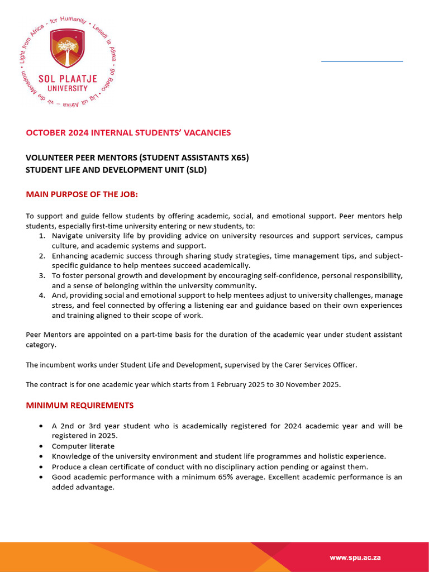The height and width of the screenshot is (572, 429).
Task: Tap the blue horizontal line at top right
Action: click(x=362, y=60)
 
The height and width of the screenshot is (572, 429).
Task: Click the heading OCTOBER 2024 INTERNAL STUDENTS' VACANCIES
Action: click(x=128, y=132)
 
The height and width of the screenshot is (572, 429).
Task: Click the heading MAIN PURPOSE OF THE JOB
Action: click(x=82, y=194)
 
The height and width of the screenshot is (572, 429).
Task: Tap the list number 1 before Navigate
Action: click(x=42, y=236)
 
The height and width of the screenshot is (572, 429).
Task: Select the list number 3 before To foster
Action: click(x=42, y=276)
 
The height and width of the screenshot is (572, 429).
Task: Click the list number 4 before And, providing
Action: click(x=42, y=295)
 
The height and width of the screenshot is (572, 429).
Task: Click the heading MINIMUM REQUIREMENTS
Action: click(x=80, y=405)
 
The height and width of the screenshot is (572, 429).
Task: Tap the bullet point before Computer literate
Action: click(x=42, y=446)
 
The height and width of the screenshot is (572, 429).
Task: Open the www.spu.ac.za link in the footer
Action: click(x=355, y=557)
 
